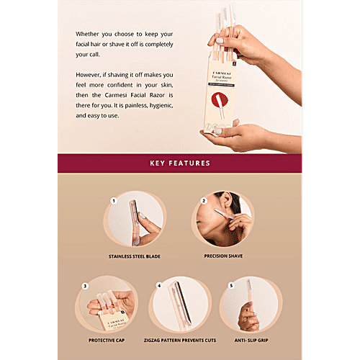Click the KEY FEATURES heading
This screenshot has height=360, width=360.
pos(180,163)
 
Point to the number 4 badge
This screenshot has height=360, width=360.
pos(158,286)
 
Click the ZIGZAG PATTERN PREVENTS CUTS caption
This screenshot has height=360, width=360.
pos(180,340)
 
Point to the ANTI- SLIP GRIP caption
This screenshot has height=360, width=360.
pos(252,340)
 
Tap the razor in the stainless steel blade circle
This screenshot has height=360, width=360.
pos(133,220)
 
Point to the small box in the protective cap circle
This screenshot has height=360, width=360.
pos(112,317)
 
